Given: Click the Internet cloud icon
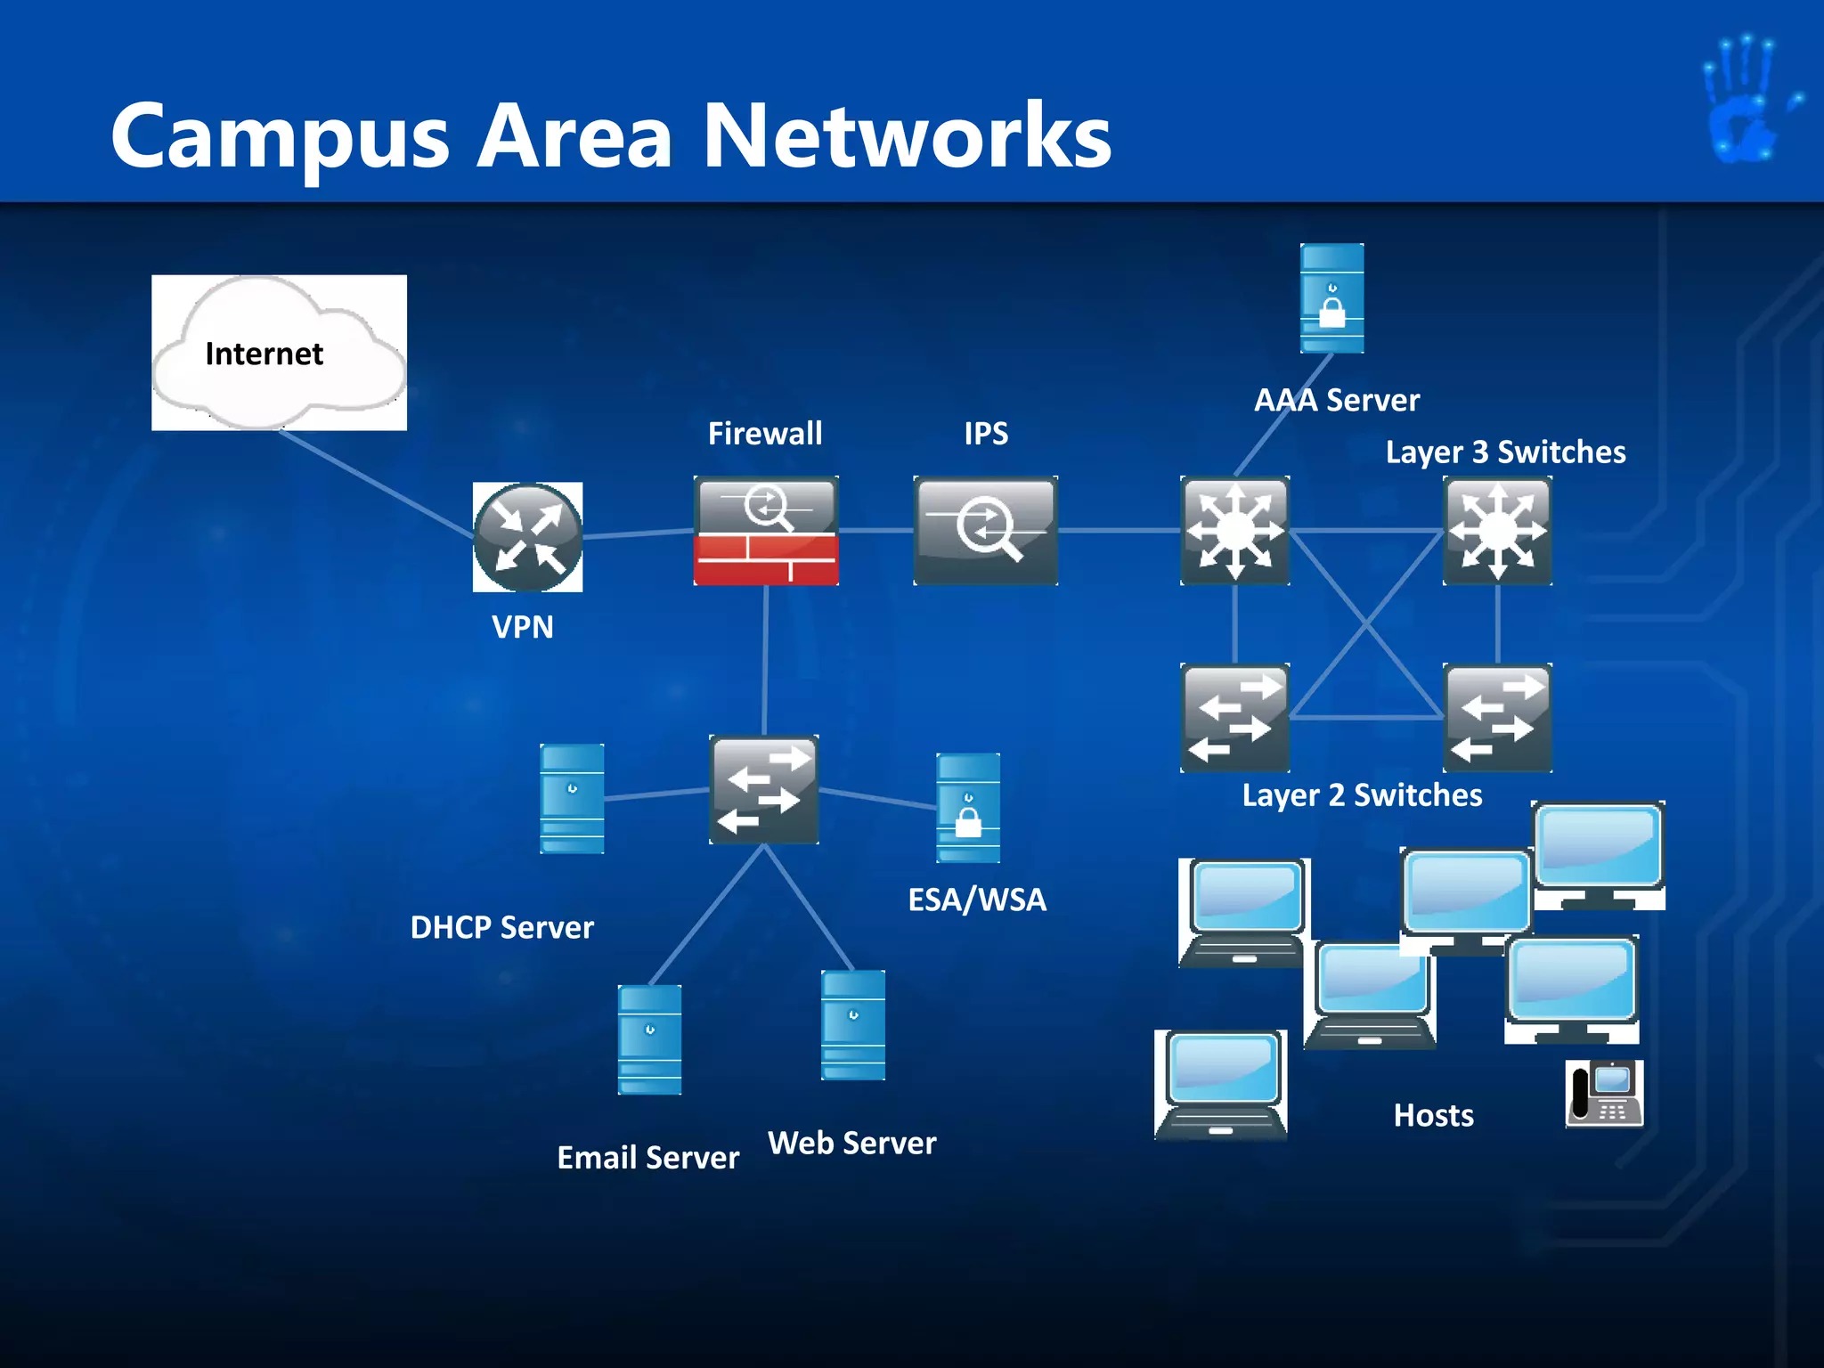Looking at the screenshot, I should click(279, 353).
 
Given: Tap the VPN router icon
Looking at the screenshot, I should click(527, 537).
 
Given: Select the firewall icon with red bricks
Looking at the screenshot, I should click(766, 531).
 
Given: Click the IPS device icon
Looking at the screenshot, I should click(985, 531).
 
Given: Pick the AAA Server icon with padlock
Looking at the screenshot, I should click(1331, 298).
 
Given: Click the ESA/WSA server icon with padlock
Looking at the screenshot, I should click(968, 808).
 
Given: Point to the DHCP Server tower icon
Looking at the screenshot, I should click(572, 799).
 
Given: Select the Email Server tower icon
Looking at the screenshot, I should click(649, 1039).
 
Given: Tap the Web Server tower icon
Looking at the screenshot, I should click(853, 1025).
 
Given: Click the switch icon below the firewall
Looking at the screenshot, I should click(764, 790).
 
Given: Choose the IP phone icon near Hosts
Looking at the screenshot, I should click(1605, 1094).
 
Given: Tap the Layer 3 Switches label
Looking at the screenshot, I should click(1505, 452).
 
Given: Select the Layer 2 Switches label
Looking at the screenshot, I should click(1362, 795).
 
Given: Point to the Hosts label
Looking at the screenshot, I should click(1433, 1116).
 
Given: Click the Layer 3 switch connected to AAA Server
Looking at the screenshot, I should click(1234, 531).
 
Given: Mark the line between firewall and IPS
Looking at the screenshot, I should click(875, 531).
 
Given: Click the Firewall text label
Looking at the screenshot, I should click(765, 434).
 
